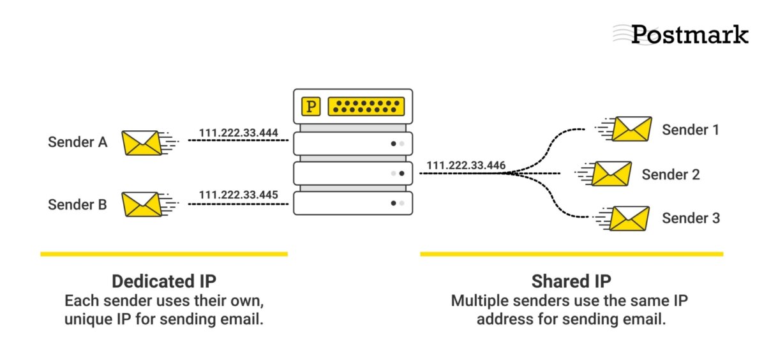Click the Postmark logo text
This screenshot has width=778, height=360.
[689, 34]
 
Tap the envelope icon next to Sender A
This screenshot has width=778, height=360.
[141, 142]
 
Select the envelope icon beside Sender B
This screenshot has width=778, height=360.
[141, 205]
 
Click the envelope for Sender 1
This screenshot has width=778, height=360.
[631, 129]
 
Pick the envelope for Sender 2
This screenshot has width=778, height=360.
[611, 174]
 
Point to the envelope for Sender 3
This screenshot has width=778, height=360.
[631, 218]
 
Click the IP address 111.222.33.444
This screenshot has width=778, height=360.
[238, 133]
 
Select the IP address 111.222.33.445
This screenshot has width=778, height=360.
[238, 195]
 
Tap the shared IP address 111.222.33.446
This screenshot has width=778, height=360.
[466, 165]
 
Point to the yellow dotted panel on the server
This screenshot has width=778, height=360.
[366, 107]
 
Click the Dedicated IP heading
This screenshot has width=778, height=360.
[163, 281]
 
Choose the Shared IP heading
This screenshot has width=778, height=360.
[571, 281]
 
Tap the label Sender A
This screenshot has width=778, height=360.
[77, 142]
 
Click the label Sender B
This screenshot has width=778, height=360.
[77, 205]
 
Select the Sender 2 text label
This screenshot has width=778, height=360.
[671, 174]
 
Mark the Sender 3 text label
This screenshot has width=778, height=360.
[691, 218]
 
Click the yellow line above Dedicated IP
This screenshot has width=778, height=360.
[163, 254]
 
